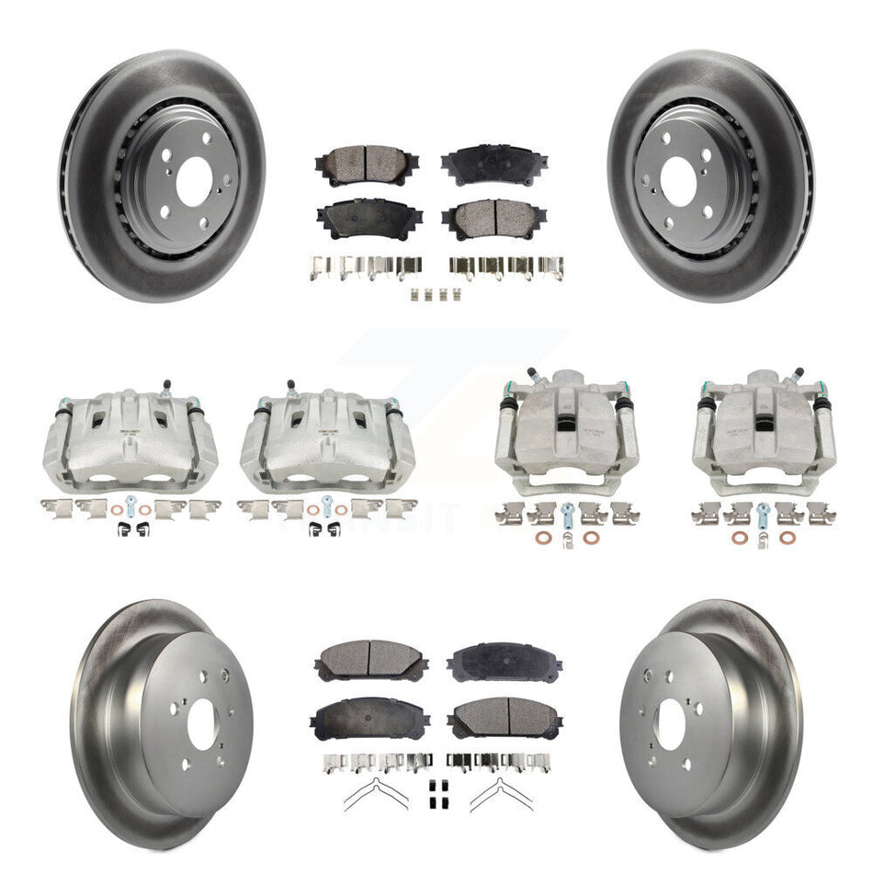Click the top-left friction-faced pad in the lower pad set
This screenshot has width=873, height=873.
[x=370, y=658]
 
